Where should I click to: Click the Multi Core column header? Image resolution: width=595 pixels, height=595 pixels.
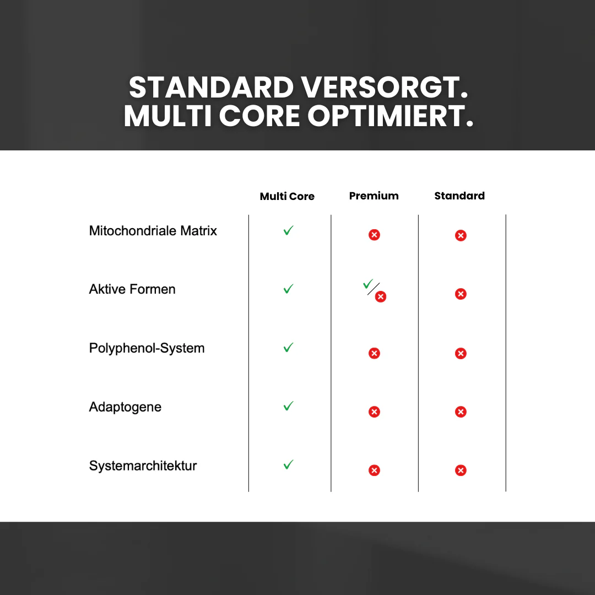tap(287, 196)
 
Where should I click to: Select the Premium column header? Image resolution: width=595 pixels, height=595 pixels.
tap(374, 196)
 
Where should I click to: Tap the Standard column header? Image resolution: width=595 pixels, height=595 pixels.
tap(459, 196)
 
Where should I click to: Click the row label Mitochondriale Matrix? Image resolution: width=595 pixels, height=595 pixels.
tap(153, 231)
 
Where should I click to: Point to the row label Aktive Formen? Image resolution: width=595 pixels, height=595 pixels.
tap(132, 289)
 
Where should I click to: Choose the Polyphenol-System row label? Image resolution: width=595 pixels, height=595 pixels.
tap(147, 348)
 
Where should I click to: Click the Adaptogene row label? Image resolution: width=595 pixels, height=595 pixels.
tap(125, 407)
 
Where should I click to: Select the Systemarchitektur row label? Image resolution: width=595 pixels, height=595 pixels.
tap(143, 466)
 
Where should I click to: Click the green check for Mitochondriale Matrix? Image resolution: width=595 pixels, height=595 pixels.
tap(288, 230)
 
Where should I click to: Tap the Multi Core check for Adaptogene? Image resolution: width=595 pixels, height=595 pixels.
tap(288, 406)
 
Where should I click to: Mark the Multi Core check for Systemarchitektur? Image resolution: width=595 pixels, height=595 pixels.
tap(288, 464)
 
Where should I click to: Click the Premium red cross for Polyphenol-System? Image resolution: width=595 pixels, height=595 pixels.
tap(374, 353)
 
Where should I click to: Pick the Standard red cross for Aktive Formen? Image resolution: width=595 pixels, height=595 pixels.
tap(461, 294)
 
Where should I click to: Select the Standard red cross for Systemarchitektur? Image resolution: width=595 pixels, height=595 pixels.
tap(461, 470)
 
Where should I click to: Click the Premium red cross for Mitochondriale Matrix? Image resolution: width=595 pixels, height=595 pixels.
tap(374, 235)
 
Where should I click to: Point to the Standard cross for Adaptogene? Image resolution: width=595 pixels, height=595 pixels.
tap(461, 412)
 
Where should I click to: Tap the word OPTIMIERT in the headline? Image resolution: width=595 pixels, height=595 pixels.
tap(391, 116)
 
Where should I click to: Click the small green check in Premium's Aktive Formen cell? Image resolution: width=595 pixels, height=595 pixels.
tap(367, 284)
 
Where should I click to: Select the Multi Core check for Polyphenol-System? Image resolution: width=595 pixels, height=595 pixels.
tap(288, 347)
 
